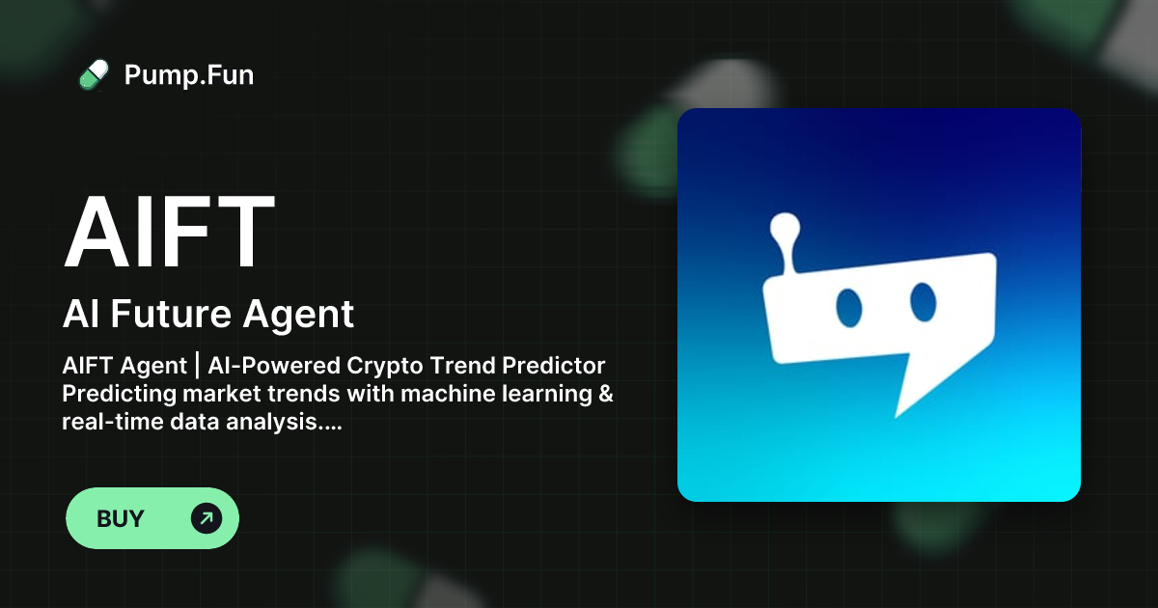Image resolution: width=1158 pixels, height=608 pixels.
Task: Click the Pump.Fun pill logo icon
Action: coord(94,75)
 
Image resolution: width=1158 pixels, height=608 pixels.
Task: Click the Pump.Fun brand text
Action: coord(189,75)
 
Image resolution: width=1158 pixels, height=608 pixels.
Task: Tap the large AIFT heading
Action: coord(170,233)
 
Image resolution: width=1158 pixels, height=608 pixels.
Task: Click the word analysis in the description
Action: coord(281,423)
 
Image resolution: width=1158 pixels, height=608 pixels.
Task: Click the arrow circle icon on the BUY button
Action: coord(207,518)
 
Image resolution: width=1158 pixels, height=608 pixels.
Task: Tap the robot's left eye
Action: coord(849,307)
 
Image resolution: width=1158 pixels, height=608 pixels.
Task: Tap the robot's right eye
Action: coord(924,301)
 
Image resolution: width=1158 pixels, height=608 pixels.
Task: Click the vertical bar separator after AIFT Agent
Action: coord(197,367)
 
